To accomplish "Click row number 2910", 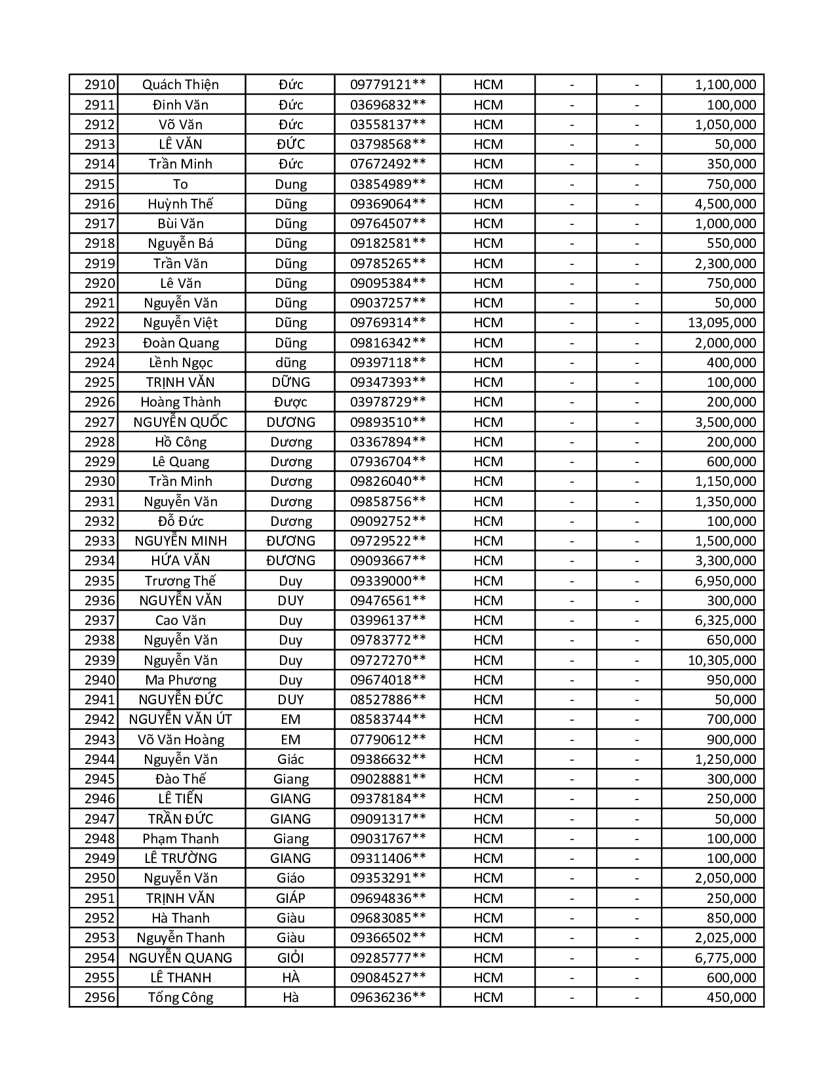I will click(100, 85).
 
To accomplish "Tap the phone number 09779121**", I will click(388, 85).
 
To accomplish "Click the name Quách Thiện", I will click(180, 85).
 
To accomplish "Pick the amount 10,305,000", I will click(721, 660).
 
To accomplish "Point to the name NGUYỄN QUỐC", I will click(180, 422).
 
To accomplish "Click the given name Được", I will click(290, 402).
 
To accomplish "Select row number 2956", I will click(100, 997).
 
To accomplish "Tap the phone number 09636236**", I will click(388, 997).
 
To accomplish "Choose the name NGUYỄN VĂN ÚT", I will click(180, 719).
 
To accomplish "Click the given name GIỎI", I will click(290, 957).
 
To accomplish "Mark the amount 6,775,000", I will click(725, 957).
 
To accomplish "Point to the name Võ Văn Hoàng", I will click(180, 740).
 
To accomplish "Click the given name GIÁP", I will click(290, 898).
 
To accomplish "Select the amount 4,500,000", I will click(725, 204).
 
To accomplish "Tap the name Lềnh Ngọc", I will click(180, 363).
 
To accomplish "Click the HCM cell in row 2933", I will click(488, 541).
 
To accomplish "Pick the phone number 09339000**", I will click(388, 581).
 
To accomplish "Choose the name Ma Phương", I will click(180, 680).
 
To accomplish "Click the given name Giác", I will click(290, 759).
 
